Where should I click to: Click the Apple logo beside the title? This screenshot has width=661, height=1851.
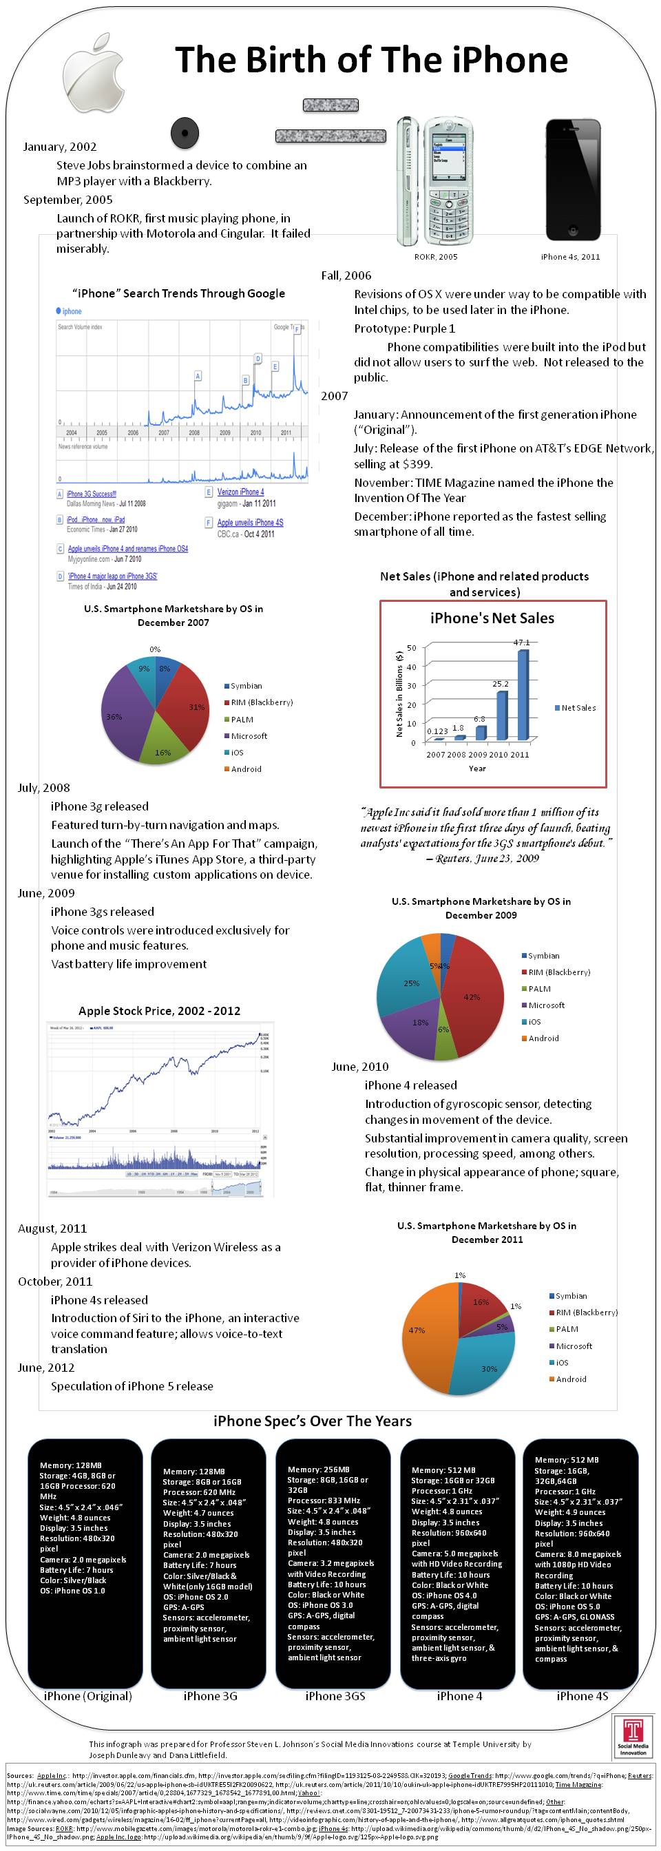(93, 72)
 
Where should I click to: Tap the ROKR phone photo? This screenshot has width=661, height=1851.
(430, 182)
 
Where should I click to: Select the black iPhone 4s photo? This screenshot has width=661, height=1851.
(573, 180)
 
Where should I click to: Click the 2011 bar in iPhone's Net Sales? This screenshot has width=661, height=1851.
(523, 694)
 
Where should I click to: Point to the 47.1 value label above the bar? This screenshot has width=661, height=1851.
(522, 642)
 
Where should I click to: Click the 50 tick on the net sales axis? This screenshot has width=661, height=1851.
(412, 647)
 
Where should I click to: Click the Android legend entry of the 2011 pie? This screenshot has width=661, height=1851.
(571, 1379)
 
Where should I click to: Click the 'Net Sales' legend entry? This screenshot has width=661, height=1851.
(578, 708)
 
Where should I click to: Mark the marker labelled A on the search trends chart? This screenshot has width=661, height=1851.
(198, 376)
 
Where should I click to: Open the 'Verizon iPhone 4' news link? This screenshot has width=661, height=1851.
(240, 492)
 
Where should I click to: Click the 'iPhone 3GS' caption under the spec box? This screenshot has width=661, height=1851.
(335, 1696)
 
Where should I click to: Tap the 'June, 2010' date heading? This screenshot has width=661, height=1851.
(360, 1067)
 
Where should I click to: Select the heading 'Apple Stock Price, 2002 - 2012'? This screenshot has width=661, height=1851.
(160, 1011)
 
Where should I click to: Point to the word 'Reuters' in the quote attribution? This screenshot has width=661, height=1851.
(457, 858)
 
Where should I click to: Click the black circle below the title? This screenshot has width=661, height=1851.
(185, 133)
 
